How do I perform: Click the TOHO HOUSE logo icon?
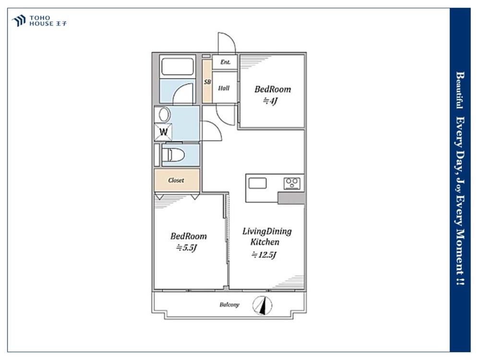click(18, 21)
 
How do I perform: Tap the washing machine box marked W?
click(163, 132)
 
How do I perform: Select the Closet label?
click(176, 180)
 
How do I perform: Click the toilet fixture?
click(173, 155)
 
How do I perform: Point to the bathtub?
click(177, 67)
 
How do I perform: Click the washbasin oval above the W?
click(164, 115)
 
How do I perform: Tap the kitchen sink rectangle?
click(257, 183)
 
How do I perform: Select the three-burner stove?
click(292, 183)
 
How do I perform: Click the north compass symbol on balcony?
click(262, 305)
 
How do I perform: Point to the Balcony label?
click(229, 305)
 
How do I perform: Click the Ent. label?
click(225, 62)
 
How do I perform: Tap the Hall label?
click(224, 88)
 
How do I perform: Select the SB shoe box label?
click(207, 82)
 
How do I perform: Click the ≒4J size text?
click(270, 101)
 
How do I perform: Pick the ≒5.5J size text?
click(186, 248)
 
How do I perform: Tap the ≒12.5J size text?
click(264, 255)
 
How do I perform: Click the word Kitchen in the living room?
click(265, 242)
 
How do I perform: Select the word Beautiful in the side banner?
click(459, 90)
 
